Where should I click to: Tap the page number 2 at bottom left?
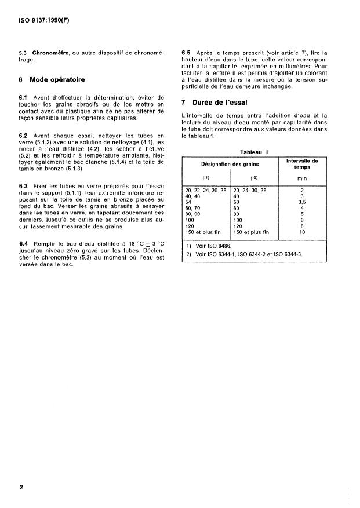[x=21, y=487]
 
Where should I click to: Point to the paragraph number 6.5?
[x=187, y=53]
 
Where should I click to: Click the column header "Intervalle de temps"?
[x=302, y=164]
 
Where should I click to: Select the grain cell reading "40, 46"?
[x=192, y=196]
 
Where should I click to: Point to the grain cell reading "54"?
[x=188, y=202]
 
